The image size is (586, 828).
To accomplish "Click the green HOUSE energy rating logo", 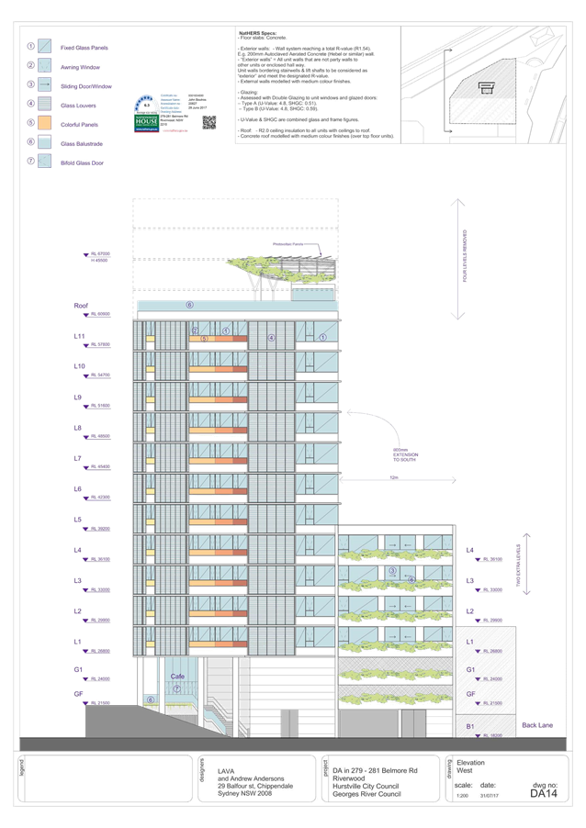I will click(147, 120).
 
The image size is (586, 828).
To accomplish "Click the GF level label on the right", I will click(470, 693).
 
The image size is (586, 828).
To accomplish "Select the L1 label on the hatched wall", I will click(469, 641).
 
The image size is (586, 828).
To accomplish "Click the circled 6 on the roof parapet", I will click(190, 304).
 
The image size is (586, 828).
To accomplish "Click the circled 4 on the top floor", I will click(271, 338).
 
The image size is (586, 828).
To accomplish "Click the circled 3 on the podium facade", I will click(391, 571).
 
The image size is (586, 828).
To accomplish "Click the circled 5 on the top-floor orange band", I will click(204, 339).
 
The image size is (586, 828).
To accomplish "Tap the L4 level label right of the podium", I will click(471, 552).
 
